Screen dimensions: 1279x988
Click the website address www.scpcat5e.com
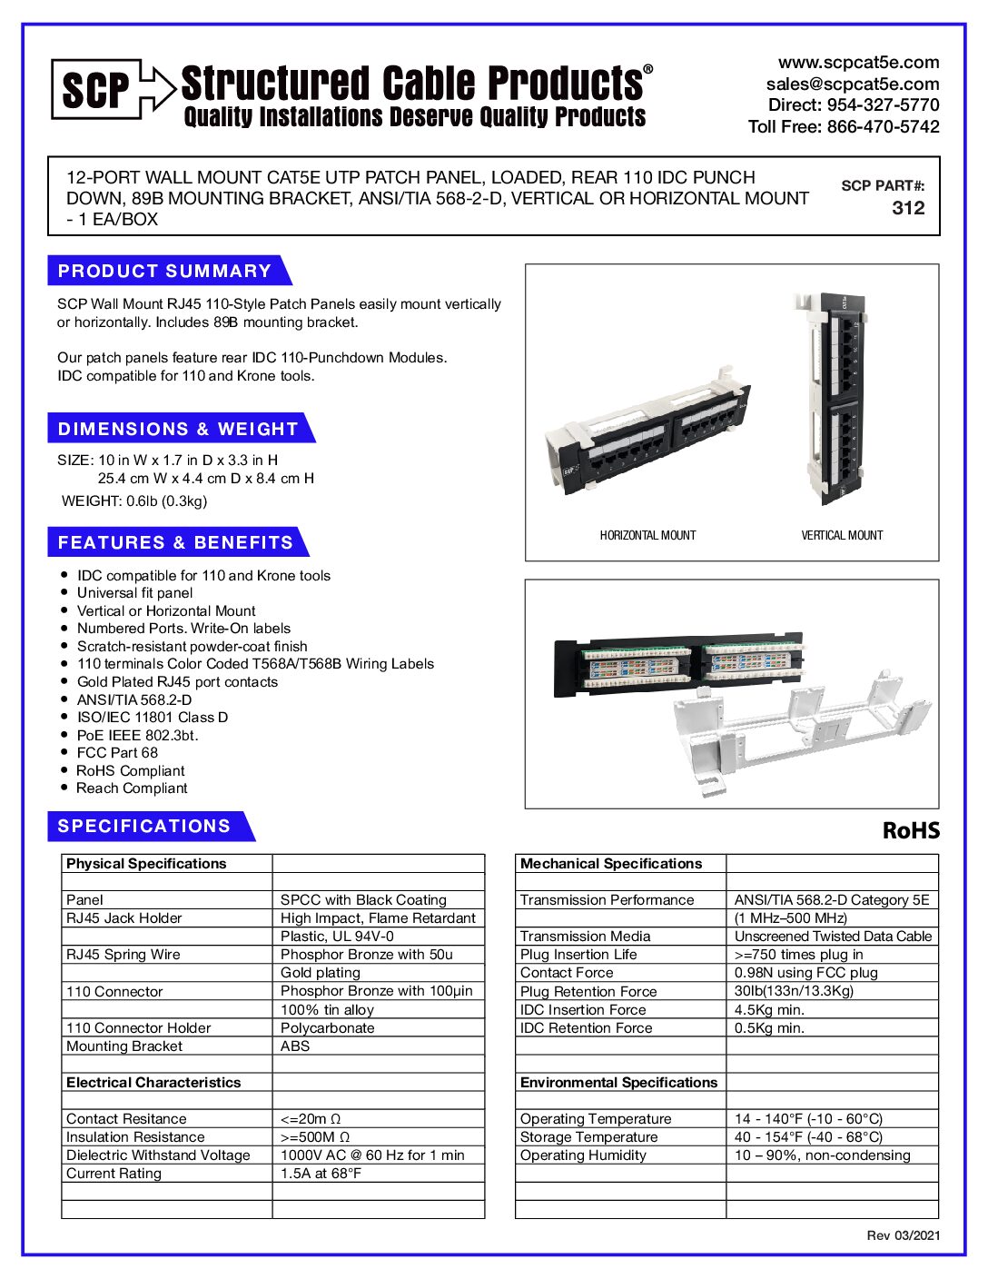coord(858,63)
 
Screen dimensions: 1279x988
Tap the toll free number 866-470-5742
coord(883,127)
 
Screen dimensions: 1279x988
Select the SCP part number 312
coord(908,208)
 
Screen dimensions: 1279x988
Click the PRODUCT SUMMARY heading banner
coord(165,271)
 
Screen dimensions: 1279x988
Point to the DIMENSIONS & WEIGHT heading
coord(178,429)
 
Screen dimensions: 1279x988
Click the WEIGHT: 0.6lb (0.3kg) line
coord(134,501)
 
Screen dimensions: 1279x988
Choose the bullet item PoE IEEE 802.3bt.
coord(137,736)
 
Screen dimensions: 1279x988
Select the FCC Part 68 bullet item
coord(117,753)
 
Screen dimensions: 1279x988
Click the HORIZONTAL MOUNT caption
coord(647,536)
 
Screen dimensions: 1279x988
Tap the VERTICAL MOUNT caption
coord(842,536)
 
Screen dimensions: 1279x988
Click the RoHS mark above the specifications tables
coord(911,831)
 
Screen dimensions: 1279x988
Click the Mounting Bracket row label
coord(124,1046)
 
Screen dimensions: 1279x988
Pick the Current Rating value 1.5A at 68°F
coord(321,1174)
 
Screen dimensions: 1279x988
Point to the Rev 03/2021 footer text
coord(903,1235)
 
